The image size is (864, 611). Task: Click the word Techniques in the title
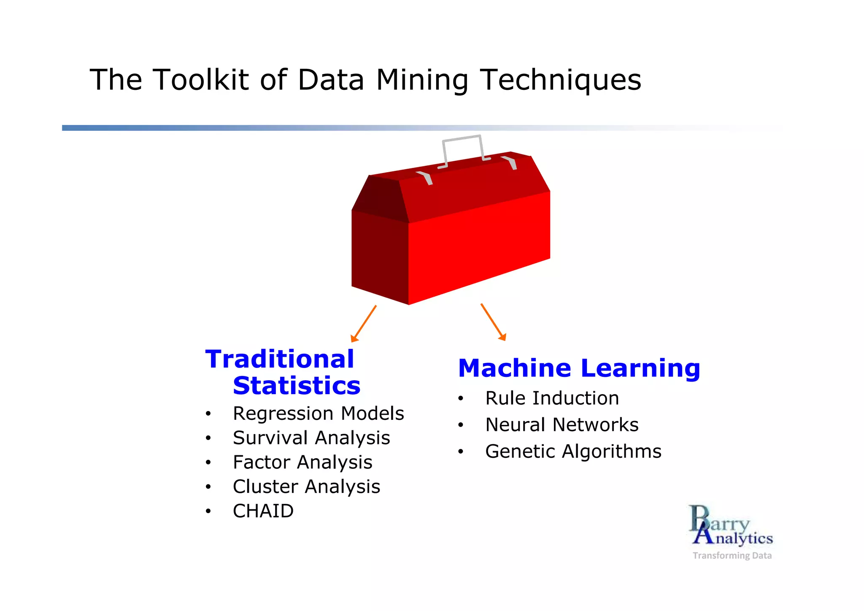[561, 80]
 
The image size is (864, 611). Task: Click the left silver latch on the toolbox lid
[426, 178]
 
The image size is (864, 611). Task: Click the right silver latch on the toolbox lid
[510, 162]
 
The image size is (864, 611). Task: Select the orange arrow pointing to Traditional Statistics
[364, 323]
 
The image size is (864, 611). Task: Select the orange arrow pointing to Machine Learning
[493, 322]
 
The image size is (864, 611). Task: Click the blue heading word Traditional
[279, 359]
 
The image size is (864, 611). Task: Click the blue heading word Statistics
[297, 386]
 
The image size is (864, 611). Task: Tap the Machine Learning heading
[579, 368]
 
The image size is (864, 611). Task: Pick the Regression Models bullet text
[318, 414]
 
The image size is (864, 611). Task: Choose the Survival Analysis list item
[311, 438]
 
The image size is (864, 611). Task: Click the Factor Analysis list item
[302, 462]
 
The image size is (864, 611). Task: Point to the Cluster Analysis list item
[306, 487]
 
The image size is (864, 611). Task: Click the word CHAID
[263, 511]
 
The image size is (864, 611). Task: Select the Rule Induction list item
[552, 398]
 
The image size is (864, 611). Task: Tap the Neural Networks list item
[562, 425]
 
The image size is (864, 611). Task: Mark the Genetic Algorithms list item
[573, 451]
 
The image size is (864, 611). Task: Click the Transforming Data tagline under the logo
[732, 556]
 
